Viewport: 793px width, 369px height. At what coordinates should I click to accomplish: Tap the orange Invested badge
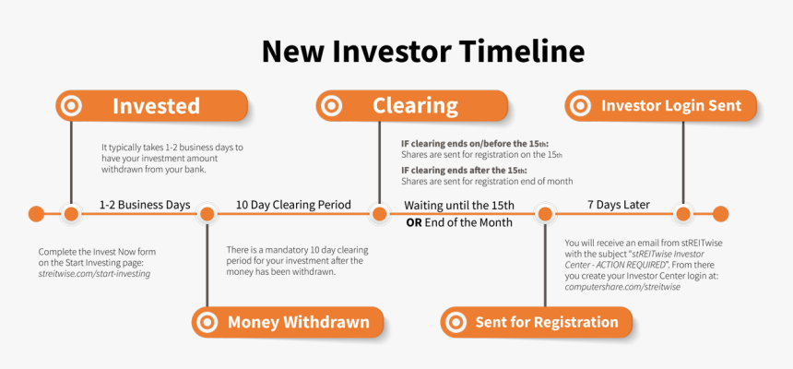152,106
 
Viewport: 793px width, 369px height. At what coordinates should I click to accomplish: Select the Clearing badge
412,106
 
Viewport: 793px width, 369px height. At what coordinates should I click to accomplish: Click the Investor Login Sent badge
659,106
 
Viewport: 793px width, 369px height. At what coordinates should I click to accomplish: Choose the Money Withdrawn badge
286,322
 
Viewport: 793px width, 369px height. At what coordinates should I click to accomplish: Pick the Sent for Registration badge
536,322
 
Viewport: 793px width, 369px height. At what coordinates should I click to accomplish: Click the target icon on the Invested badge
71,106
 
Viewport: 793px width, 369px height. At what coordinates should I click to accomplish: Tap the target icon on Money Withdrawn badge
208,322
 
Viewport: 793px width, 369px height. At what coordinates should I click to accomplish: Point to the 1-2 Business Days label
145,205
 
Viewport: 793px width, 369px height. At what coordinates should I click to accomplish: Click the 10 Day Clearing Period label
293,205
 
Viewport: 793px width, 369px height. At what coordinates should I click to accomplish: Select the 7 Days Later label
618,205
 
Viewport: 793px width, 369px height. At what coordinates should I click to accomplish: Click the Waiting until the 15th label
458,205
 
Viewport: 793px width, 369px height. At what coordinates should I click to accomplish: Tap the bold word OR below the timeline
414,222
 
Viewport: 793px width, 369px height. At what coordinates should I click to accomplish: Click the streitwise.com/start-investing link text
94,274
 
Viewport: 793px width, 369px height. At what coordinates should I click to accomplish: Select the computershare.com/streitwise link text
622,287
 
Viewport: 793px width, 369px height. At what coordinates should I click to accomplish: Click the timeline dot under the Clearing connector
378,214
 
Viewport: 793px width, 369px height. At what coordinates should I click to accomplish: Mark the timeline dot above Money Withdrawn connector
207,214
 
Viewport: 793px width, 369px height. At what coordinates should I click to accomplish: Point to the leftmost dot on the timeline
36,214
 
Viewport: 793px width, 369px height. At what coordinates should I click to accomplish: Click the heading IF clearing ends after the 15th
464,171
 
